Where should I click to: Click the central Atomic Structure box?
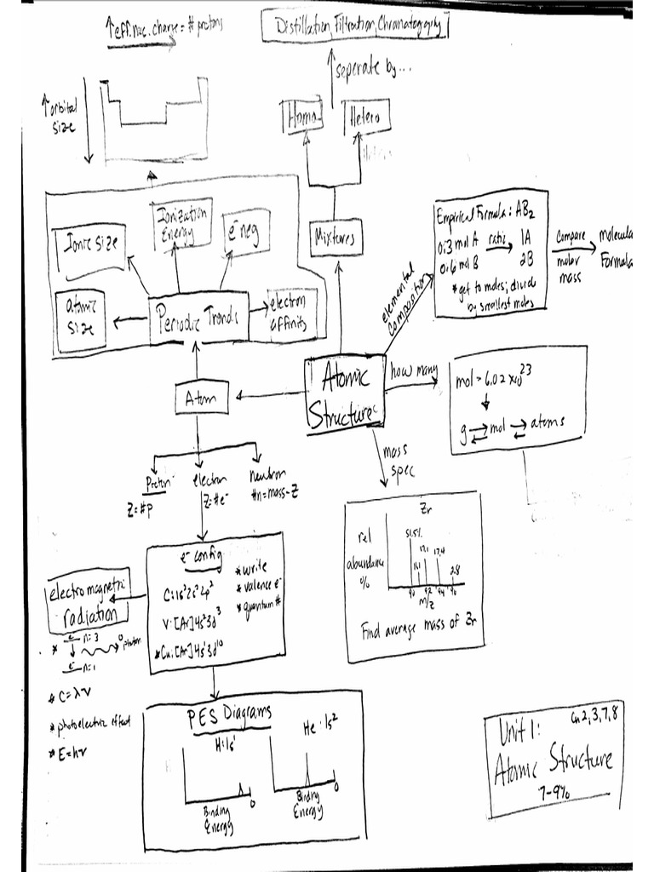tap(342, 392)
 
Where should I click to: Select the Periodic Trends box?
tap(198, 319)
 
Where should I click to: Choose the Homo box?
tap(302, 118)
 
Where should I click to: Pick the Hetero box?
tap(367, 117)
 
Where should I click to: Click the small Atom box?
tap(201, 397)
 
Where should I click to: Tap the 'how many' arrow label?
tap(414, 371)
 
